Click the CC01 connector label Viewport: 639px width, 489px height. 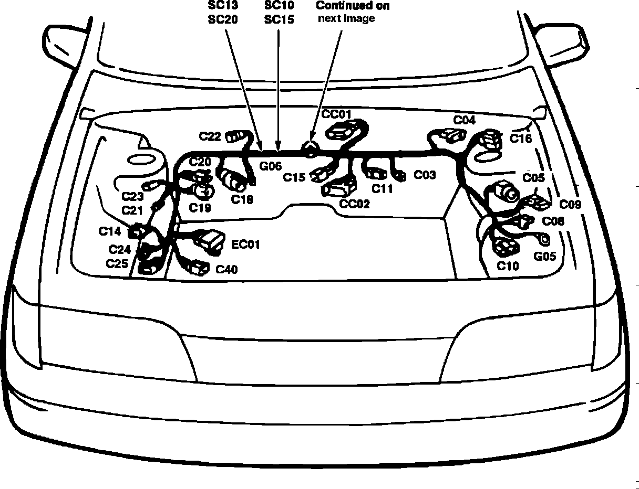[336, 114]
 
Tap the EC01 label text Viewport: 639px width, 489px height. [245, 244]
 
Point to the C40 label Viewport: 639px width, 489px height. [226, 270]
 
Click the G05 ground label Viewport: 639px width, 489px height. [544, 257]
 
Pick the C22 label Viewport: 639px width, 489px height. [210, 136]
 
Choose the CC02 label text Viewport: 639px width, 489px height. [354, 204]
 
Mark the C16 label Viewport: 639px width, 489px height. [521, 139]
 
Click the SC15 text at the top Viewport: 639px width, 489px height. [279, 20]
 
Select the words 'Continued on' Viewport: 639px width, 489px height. [353, 6]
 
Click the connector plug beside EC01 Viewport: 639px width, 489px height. [209, 241]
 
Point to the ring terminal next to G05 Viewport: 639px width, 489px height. [544, 239]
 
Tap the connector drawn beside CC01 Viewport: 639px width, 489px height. [342, 130]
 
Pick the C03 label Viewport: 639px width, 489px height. [425, 175]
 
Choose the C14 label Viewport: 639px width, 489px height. [109, 231]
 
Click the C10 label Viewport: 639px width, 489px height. [508, 266]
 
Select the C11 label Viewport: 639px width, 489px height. [382, 189]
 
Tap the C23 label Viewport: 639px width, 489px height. [132, 197]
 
